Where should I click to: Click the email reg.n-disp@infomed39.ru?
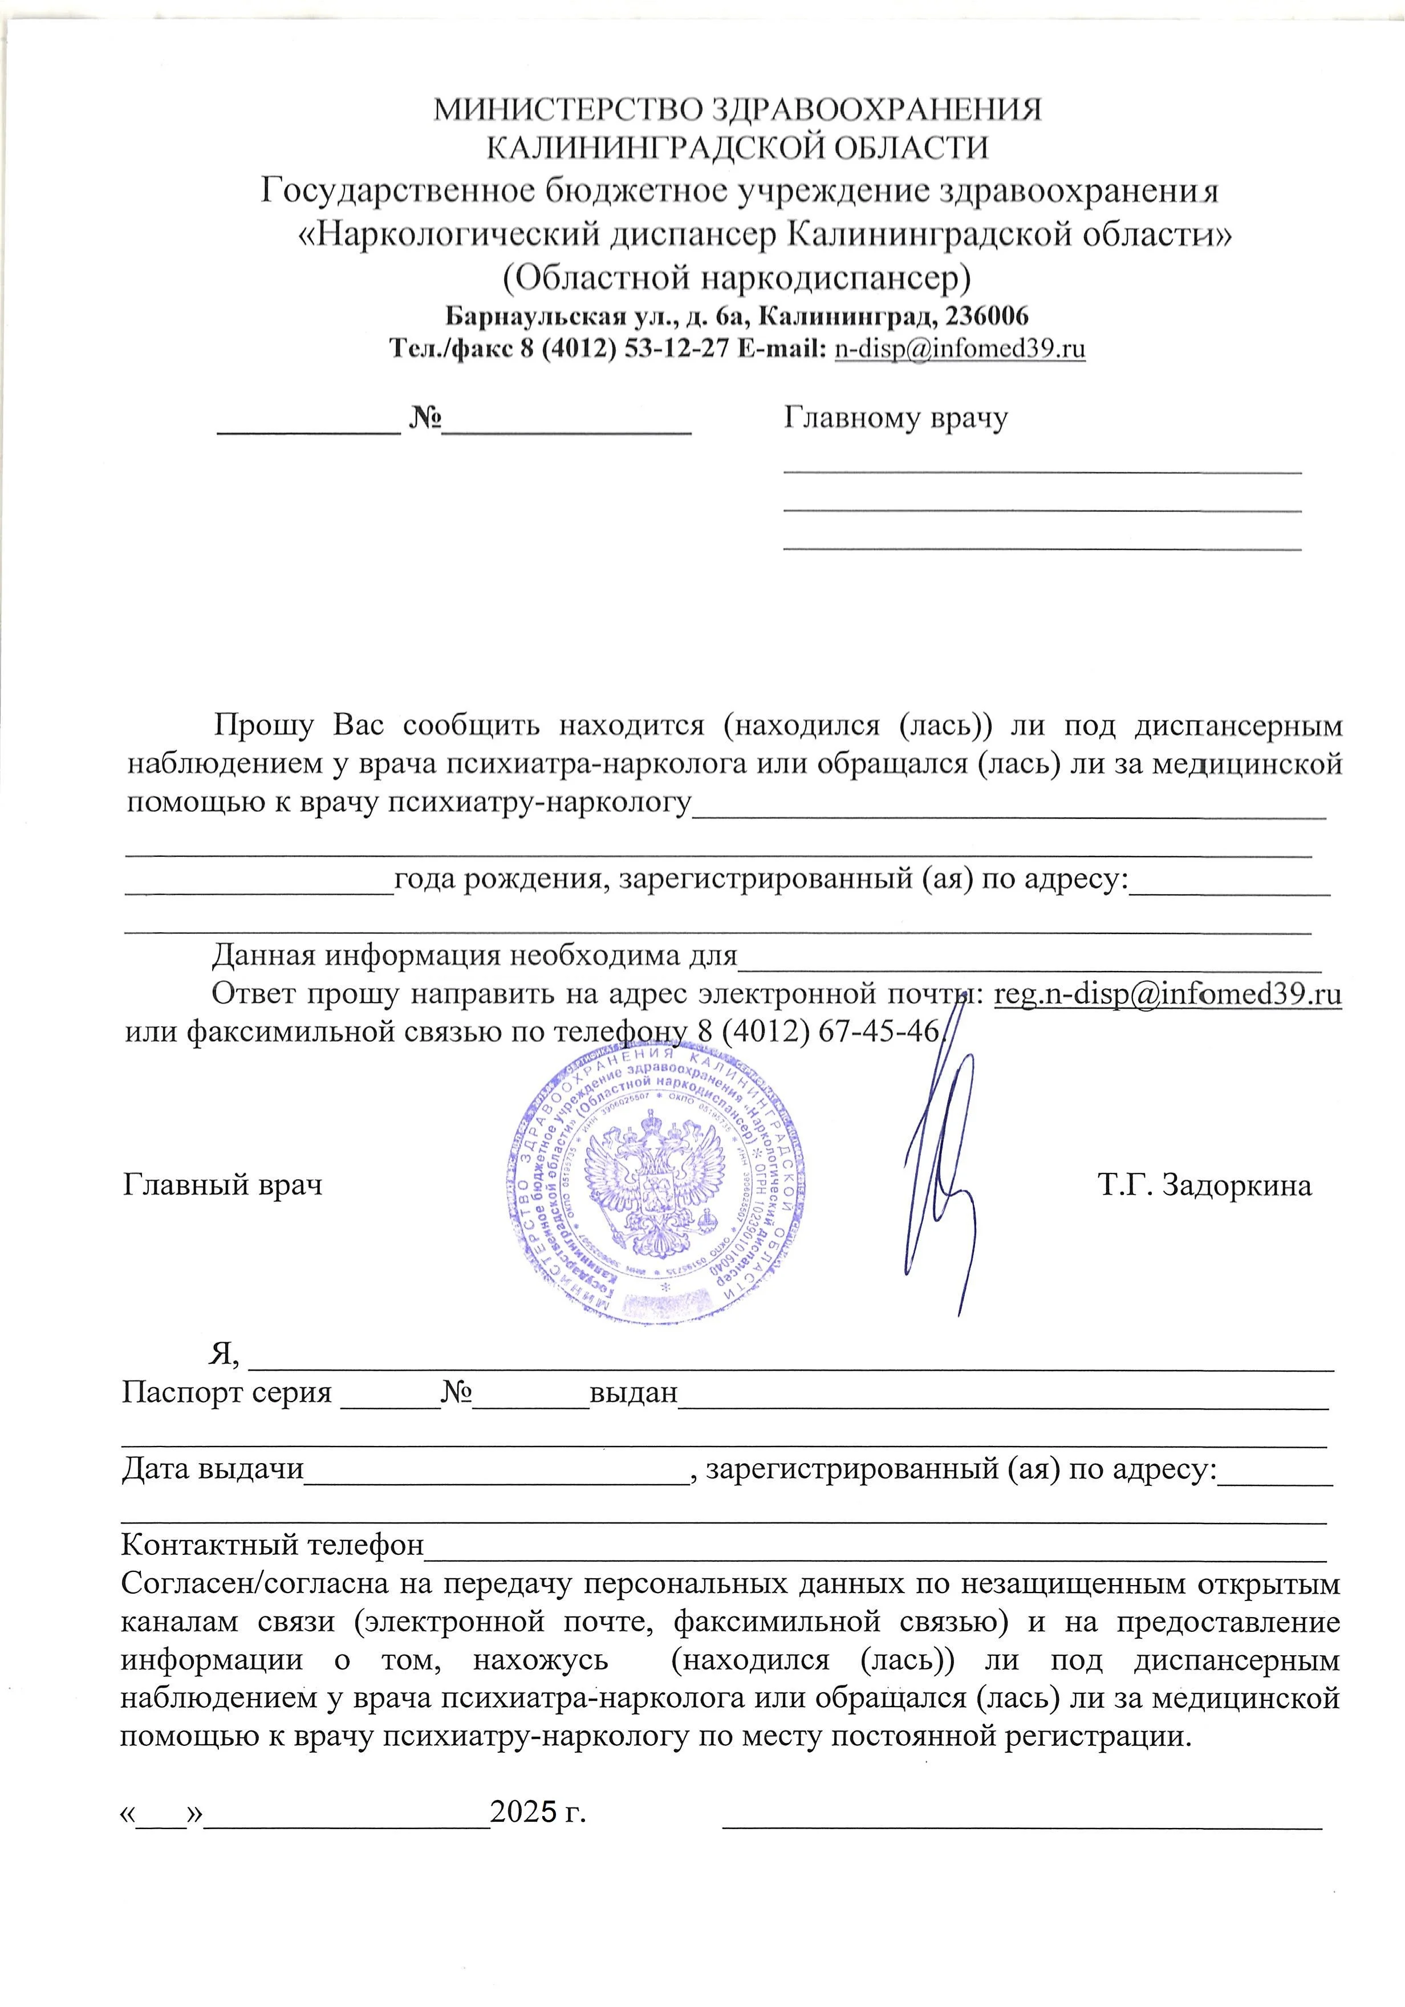tap(1168, 995)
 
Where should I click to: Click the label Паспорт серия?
tap(226, 1392)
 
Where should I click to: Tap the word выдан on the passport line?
tap(633, 1392)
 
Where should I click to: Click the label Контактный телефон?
tap(272, 1546)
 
